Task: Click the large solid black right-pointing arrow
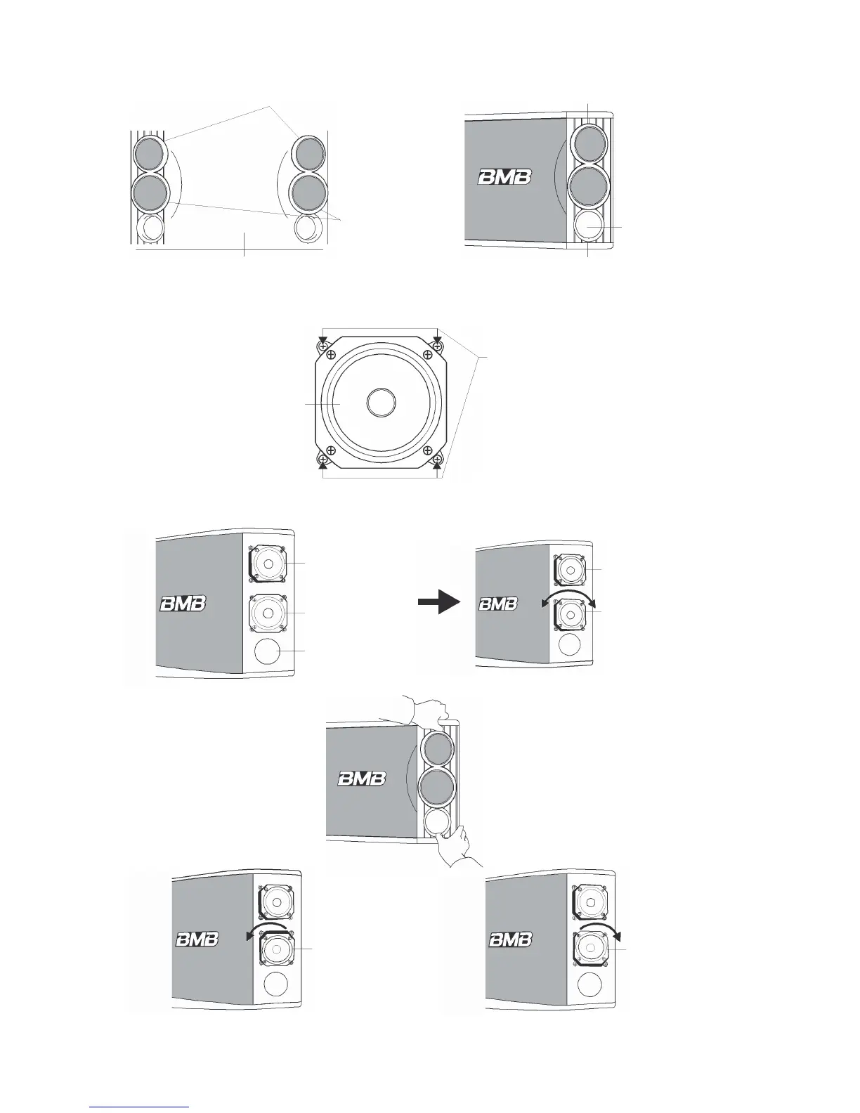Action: coord(438,602)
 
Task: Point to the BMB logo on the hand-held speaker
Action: coord(361,779)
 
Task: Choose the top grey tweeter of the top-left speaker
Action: coord(148,153)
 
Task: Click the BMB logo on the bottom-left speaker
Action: coord(197,939)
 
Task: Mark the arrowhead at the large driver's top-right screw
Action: coord(437,341)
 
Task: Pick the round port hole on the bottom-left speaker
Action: coord(275,985)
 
